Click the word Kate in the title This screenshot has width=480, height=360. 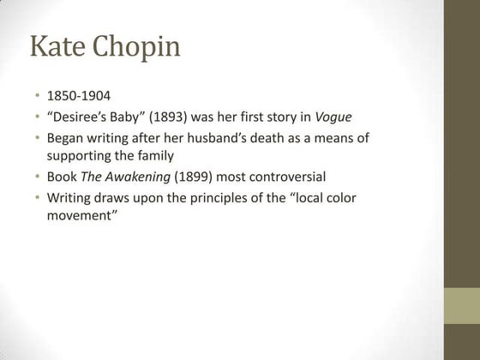point(59,46)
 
